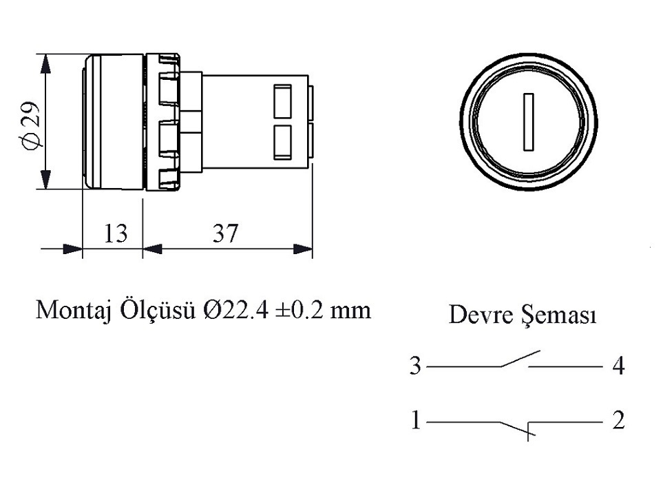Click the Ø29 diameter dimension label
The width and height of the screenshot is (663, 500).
[31, 126]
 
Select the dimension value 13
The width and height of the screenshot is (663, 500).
[116, 233]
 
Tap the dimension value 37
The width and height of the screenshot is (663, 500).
[225, 233]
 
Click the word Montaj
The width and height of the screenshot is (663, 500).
[73, 311]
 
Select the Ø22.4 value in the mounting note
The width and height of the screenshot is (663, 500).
[236, 310]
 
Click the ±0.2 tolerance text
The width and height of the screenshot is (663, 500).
[299, 310]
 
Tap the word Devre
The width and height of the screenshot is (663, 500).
[480, 315]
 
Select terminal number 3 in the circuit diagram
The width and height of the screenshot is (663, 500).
[415, 366]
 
